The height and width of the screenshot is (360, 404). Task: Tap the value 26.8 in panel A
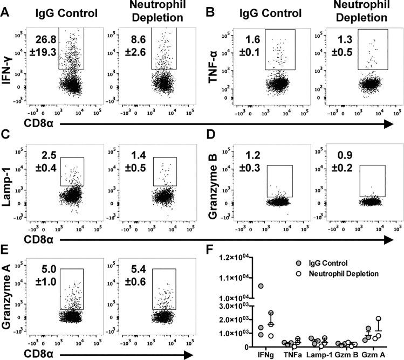(46, 39)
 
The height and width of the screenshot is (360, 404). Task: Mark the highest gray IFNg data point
(261, 286)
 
